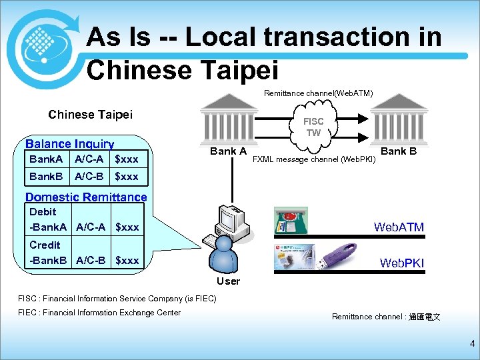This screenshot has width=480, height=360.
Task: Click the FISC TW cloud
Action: (x=313, y=127)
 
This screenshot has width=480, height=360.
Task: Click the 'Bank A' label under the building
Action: (x=229, y=151)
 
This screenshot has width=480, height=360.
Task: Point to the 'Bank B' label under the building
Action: (x=399, y=151)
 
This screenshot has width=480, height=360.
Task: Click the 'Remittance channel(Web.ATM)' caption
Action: (x=318, y=93)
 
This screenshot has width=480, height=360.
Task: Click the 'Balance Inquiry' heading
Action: (x=69, y=144)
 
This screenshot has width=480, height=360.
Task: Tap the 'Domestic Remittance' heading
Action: (x=85, y=197)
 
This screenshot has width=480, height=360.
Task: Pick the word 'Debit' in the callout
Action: (x=43, y=211)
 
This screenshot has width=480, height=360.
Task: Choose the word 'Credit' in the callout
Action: (x=45, y=245)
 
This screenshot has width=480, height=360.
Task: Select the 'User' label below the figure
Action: (x=228, y=281)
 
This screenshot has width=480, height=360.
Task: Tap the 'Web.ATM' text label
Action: (x=399, y=227)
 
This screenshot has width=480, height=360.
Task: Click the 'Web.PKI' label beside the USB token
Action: (x=401, y=263)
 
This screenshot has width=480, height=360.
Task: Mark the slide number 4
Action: (x=472, y=345)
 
